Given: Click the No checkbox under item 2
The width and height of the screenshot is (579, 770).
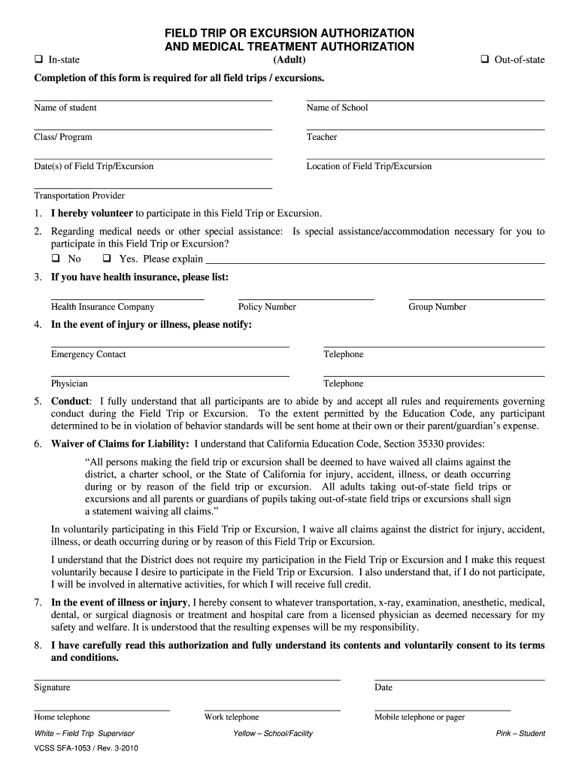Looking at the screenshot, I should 56,259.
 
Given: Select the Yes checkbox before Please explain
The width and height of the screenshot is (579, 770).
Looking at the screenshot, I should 107,259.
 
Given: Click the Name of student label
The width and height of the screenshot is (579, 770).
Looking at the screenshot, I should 65,108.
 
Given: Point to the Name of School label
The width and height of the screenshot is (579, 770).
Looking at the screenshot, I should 337,108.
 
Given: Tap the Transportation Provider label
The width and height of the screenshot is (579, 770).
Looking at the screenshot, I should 79,196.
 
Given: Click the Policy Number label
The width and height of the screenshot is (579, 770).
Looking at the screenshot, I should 267,307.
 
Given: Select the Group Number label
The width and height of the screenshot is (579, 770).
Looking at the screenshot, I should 437,307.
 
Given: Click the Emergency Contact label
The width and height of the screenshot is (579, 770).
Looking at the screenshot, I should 88,354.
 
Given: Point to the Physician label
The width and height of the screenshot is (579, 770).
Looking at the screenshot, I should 69,383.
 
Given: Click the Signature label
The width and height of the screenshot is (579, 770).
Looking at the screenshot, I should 52,687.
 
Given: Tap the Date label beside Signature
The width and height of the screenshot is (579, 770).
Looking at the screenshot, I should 383,687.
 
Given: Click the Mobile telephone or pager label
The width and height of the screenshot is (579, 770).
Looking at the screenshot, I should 420,717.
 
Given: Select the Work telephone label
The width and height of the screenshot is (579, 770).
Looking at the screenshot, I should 232,717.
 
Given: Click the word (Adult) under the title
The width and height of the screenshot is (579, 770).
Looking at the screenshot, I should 289,60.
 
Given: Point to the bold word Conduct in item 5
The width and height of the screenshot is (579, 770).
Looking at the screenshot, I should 70,402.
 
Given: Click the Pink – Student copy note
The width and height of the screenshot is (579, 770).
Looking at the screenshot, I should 520,734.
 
